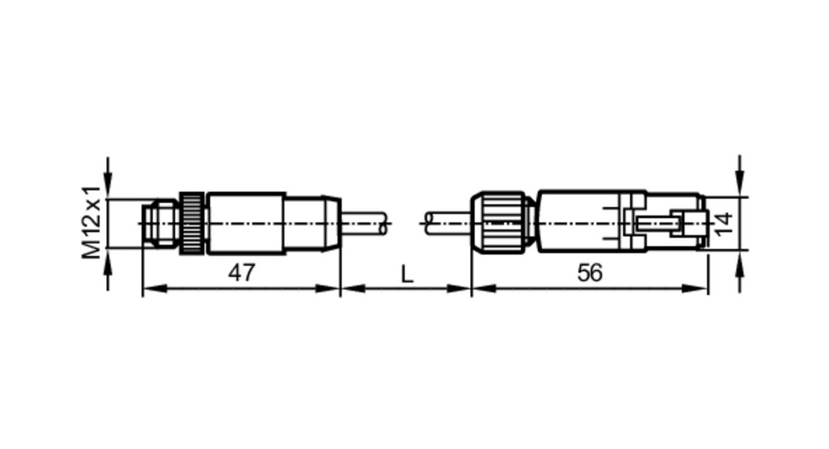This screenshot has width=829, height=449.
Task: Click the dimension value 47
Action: [241, 273]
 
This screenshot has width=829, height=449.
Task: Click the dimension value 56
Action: [589, 273]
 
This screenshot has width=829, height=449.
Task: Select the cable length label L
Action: [406, 275]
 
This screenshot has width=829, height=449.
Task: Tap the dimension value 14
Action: [723, 224]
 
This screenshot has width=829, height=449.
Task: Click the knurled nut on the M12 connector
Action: [192, 224]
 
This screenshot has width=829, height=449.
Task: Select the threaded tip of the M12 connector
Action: [161, 224]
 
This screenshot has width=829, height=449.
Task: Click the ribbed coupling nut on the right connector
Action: [502, 224]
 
